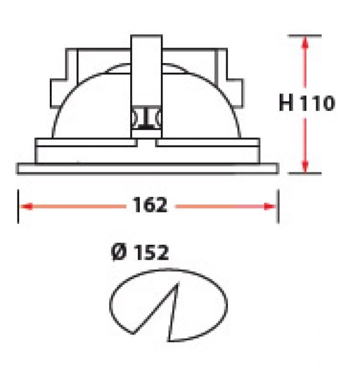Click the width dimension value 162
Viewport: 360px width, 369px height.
[x=150, y=205]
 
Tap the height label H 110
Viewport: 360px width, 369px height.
[x=307, y=103]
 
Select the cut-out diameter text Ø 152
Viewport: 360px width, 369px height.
[x=140, y=252]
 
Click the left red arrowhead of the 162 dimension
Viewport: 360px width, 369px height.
[x=26, y=206]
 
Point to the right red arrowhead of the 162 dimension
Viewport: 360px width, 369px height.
[x=269, y=206]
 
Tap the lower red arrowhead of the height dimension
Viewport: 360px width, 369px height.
[x=305, y=167]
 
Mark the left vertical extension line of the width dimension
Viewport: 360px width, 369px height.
[x=19, y=206]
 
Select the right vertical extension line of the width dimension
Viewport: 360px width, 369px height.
[x=278, y=206]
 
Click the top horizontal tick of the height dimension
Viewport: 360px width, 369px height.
[x=305, y=36]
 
